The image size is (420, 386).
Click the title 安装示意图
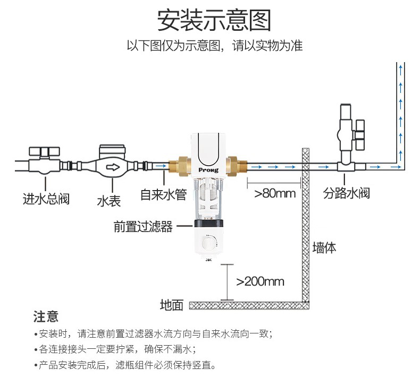(x=214, y=21)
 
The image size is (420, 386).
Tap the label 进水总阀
(x=46, y=199)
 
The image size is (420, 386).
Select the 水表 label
(x=109, y=201)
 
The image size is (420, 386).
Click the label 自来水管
(x=163, y=194)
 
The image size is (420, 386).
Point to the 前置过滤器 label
(x=143, y=227)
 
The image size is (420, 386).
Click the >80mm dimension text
(x=275, y=193)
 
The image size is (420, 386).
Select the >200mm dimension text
(x=260, y=281)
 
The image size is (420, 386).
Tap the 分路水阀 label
(x=346, y=193)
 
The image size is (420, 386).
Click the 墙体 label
(x=324, y=247)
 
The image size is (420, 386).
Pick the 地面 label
(x=171, y=305)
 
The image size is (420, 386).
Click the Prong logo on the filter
(x=208, y=170)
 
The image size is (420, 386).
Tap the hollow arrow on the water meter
(x=113, y=167)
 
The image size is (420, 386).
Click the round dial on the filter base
(x=208, y=243)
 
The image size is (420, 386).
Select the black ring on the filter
(x=208, y=224)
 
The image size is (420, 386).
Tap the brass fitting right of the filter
(x=237, y=167)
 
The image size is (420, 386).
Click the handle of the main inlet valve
(x=44, y=152)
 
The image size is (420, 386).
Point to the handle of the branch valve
(x=359, y=134)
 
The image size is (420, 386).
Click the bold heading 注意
(x=46, y=316)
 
